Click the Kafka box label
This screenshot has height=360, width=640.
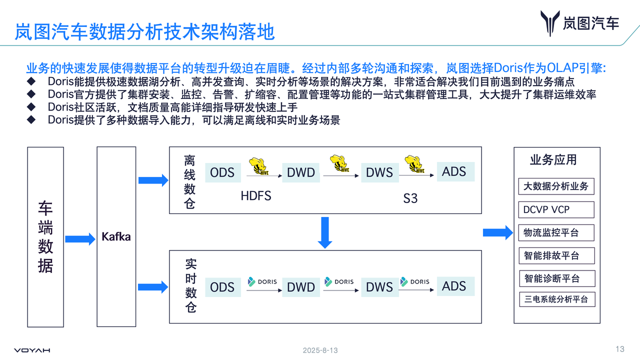tap(116, 236)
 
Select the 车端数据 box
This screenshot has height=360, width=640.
tap(45, 236)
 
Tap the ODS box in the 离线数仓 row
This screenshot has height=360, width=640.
tap(222, 172)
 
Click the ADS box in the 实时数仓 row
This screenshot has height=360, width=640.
tap(454, 286)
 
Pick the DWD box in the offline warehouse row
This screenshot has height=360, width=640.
tap(301, 172)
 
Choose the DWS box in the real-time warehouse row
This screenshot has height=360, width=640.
tap(379, 287)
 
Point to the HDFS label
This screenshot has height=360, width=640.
tap(256, 195)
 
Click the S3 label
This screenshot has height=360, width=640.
tap(410, 198)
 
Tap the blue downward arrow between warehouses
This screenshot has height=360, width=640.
tap(325, 232)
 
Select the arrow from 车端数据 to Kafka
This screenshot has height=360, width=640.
tap(80, 239)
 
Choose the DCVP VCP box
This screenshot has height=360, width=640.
tap(556, 209)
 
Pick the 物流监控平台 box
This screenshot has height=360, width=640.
tap(556, 232)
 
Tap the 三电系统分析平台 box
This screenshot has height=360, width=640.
tap(556, 299)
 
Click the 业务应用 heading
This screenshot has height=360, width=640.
tap(553, 159)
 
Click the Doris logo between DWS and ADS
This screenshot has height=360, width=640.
tap(414, 281)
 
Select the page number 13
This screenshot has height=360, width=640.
tap(620, 349)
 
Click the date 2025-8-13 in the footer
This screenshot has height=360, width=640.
tap(320, 350)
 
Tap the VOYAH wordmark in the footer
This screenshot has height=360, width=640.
tap(32, 350)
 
